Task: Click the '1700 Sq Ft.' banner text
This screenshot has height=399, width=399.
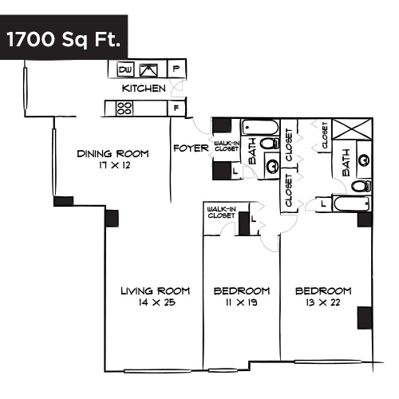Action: pos(64,40)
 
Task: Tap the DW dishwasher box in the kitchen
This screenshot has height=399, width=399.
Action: pos(124,70)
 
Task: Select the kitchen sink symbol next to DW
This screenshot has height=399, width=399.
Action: pos(149,70)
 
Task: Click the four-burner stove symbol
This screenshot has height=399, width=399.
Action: pos(124,108)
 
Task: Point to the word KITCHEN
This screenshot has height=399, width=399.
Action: pos(144,89)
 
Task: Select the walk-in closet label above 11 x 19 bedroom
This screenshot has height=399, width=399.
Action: pos(221,211)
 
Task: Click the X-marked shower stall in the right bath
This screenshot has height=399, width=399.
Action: pos(351,130)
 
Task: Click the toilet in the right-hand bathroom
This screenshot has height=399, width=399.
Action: pos(361,185)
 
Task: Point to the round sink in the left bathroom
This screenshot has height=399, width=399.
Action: pos(271,166)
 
